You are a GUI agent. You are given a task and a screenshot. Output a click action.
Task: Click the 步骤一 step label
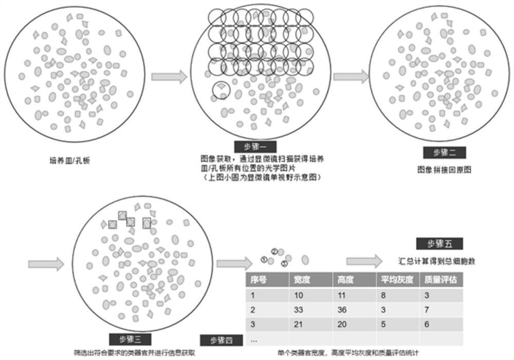[x=256, y=146]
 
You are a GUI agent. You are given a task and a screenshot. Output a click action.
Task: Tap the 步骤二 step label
[x=445, y=153]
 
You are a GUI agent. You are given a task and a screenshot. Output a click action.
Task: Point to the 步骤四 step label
[x=222, y=340]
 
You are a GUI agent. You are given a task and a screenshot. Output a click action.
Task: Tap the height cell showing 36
[x=343, y=310]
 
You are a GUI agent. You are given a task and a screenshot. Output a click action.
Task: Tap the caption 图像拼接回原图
[x=444, y=169]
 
